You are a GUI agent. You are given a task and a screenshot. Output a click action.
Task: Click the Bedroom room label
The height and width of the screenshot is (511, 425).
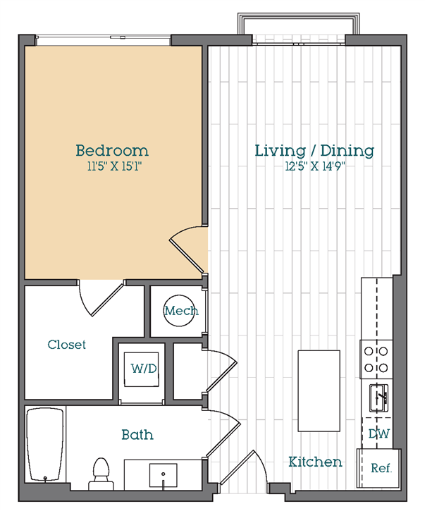tap(112, 151)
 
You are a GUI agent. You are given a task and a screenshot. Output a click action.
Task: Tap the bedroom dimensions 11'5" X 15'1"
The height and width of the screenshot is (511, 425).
tap(114, 166)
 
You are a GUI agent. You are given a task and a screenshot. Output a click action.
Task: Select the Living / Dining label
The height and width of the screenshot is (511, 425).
tap(314, 151)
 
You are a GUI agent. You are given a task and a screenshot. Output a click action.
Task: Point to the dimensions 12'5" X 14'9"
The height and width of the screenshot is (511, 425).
tap(315, 166)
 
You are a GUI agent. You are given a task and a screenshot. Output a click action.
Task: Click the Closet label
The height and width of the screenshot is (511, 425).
tap(66, 345)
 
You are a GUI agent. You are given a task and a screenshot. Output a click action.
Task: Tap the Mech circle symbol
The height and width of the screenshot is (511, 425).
tap(179, 311)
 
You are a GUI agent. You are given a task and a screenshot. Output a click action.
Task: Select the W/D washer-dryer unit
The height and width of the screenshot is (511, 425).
tap(142, 369)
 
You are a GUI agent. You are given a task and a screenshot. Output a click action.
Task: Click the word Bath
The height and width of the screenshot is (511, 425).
tap(137, 435)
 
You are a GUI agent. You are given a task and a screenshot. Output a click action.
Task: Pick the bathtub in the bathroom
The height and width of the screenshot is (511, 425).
tap(45, 444)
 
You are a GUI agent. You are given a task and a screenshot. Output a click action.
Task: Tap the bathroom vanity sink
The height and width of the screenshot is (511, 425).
tap(164, 474)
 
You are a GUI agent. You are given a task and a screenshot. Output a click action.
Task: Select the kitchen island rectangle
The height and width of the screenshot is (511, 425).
tap(319, 390)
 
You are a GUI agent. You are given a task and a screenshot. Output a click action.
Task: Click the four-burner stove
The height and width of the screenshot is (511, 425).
tap(376, 359)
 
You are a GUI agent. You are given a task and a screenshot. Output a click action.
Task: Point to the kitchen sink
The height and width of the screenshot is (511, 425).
tap(378, 398)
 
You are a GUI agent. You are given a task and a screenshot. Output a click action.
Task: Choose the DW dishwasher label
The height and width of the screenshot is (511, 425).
tap(378, 433)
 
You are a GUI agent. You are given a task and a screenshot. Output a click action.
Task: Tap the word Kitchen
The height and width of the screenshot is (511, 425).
tap(315, 462)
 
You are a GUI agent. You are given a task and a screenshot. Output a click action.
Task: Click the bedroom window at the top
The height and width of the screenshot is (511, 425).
tap(103, 40)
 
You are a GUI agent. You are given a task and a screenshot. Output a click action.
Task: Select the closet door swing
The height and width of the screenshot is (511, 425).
tap(101, 299)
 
